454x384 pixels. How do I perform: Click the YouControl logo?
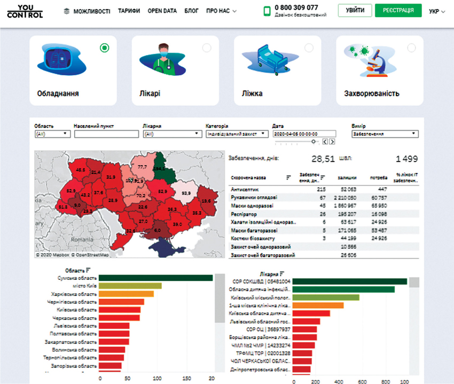(25, 10)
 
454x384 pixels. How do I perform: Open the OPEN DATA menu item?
(162, 11)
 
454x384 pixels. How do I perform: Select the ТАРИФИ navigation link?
(129, 11)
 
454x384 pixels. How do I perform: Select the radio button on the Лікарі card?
(207, 48)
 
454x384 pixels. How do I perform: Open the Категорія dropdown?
(237, 135)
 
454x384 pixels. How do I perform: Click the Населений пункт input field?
(106, 135)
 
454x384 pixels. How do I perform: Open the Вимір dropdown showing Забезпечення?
(385, 135)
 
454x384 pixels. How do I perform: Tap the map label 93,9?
(186, 193)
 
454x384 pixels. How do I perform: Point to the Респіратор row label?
(243, 213)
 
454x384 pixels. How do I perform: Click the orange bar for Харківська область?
(126, 294)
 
